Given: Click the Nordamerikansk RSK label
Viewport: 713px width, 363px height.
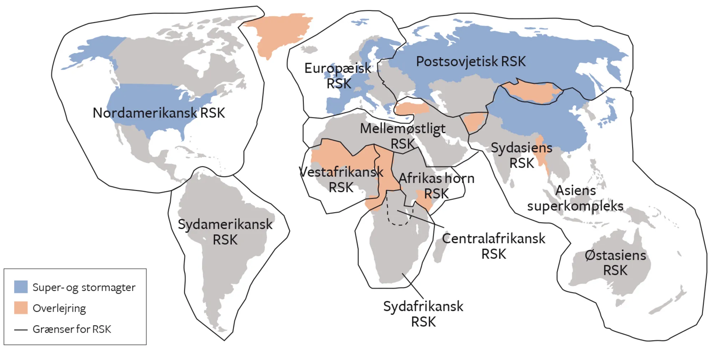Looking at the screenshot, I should coord(159,113).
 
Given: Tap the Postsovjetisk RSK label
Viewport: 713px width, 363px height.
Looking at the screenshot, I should coord(471,62).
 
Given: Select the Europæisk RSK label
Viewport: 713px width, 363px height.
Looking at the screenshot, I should coord(338,76).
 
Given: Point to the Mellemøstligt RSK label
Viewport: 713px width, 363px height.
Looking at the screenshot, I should coord(402,136).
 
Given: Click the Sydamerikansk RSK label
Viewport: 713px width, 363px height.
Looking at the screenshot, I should coord(225,232).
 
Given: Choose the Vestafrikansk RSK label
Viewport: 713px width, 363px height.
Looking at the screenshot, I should coord(341,179).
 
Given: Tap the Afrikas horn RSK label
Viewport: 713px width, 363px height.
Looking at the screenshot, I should coord(436,186).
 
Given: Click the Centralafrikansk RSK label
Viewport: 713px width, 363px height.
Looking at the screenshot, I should coord(493,246).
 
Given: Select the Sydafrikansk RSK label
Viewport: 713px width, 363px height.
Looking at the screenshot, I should coord(423,314).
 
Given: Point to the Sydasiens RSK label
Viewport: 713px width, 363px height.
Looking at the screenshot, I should coord(521,155).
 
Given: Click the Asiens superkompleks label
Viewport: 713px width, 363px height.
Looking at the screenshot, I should coord(575,198).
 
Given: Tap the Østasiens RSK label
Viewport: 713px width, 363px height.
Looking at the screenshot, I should coord(615,263).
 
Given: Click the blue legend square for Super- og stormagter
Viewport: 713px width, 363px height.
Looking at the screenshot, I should coord(21,287).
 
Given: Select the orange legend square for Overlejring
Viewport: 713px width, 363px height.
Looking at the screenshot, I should coord(21,308).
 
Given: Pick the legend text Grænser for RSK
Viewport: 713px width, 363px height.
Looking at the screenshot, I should coord(72,329).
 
